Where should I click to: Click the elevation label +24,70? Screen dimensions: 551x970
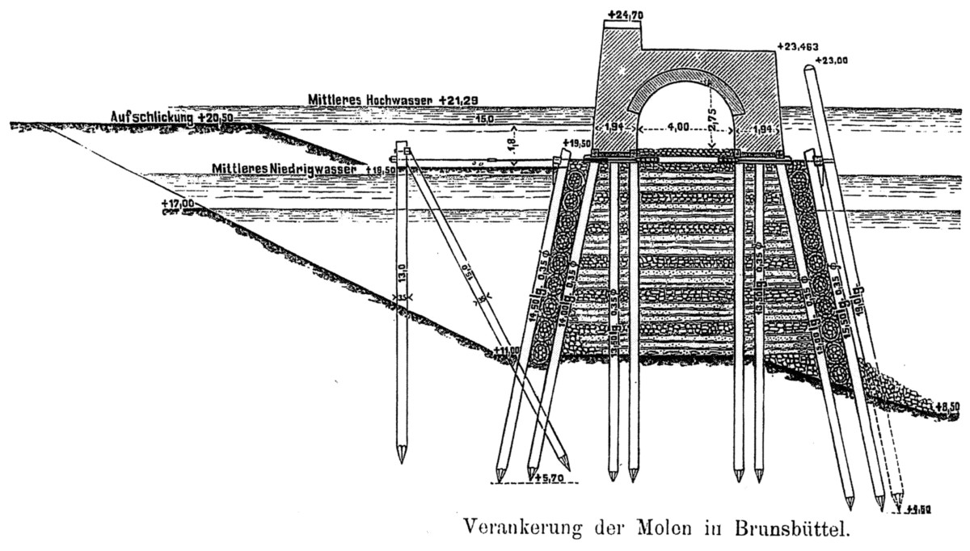coord(623,15)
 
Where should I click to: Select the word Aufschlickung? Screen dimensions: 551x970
coord(151,118)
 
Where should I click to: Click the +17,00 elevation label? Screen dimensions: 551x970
coord(177,204)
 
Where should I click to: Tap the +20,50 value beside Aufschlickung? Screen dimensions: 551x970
coord(215,118)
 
